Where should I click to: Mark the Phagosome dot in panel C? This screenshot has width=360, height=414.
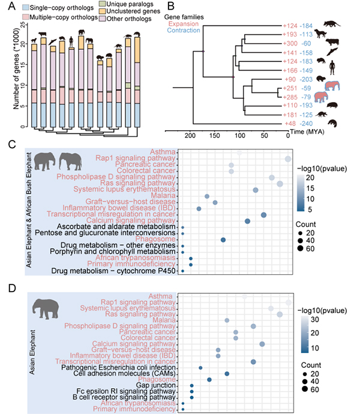[x=223, y=239]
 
